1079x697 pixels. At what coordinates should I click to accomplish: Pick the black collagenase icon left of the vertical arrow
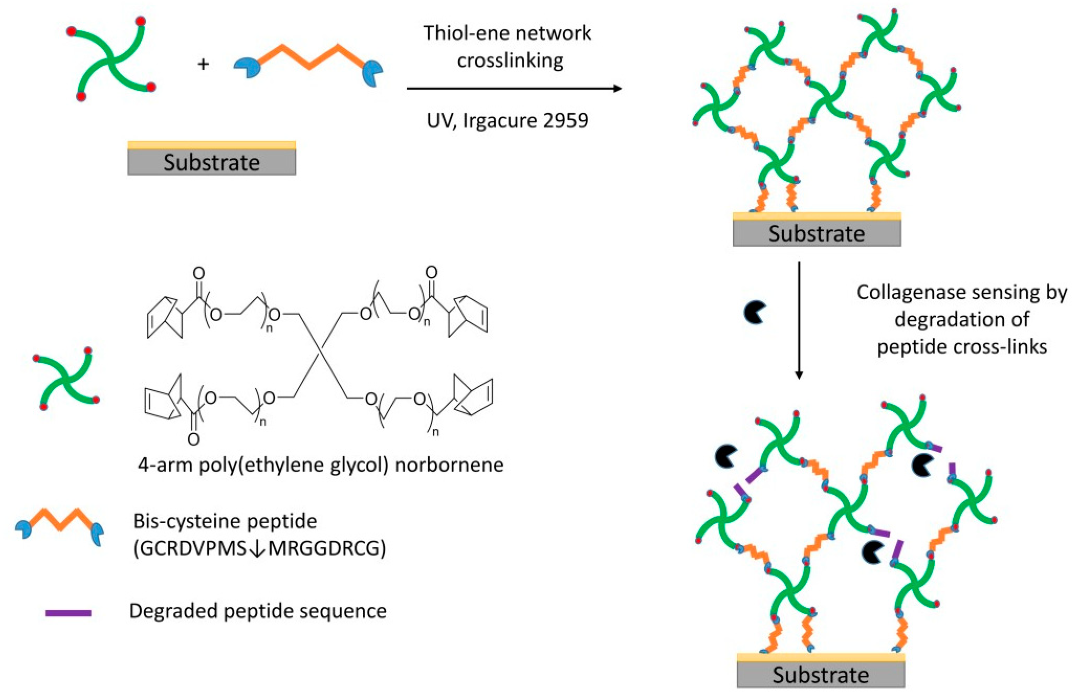coord(754,312)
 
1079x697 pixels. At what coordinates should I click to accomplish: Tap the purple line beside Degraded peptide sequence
coord(68,613)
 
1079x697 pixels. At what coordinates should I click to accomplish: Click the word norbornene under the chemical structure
coord(449,465)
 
